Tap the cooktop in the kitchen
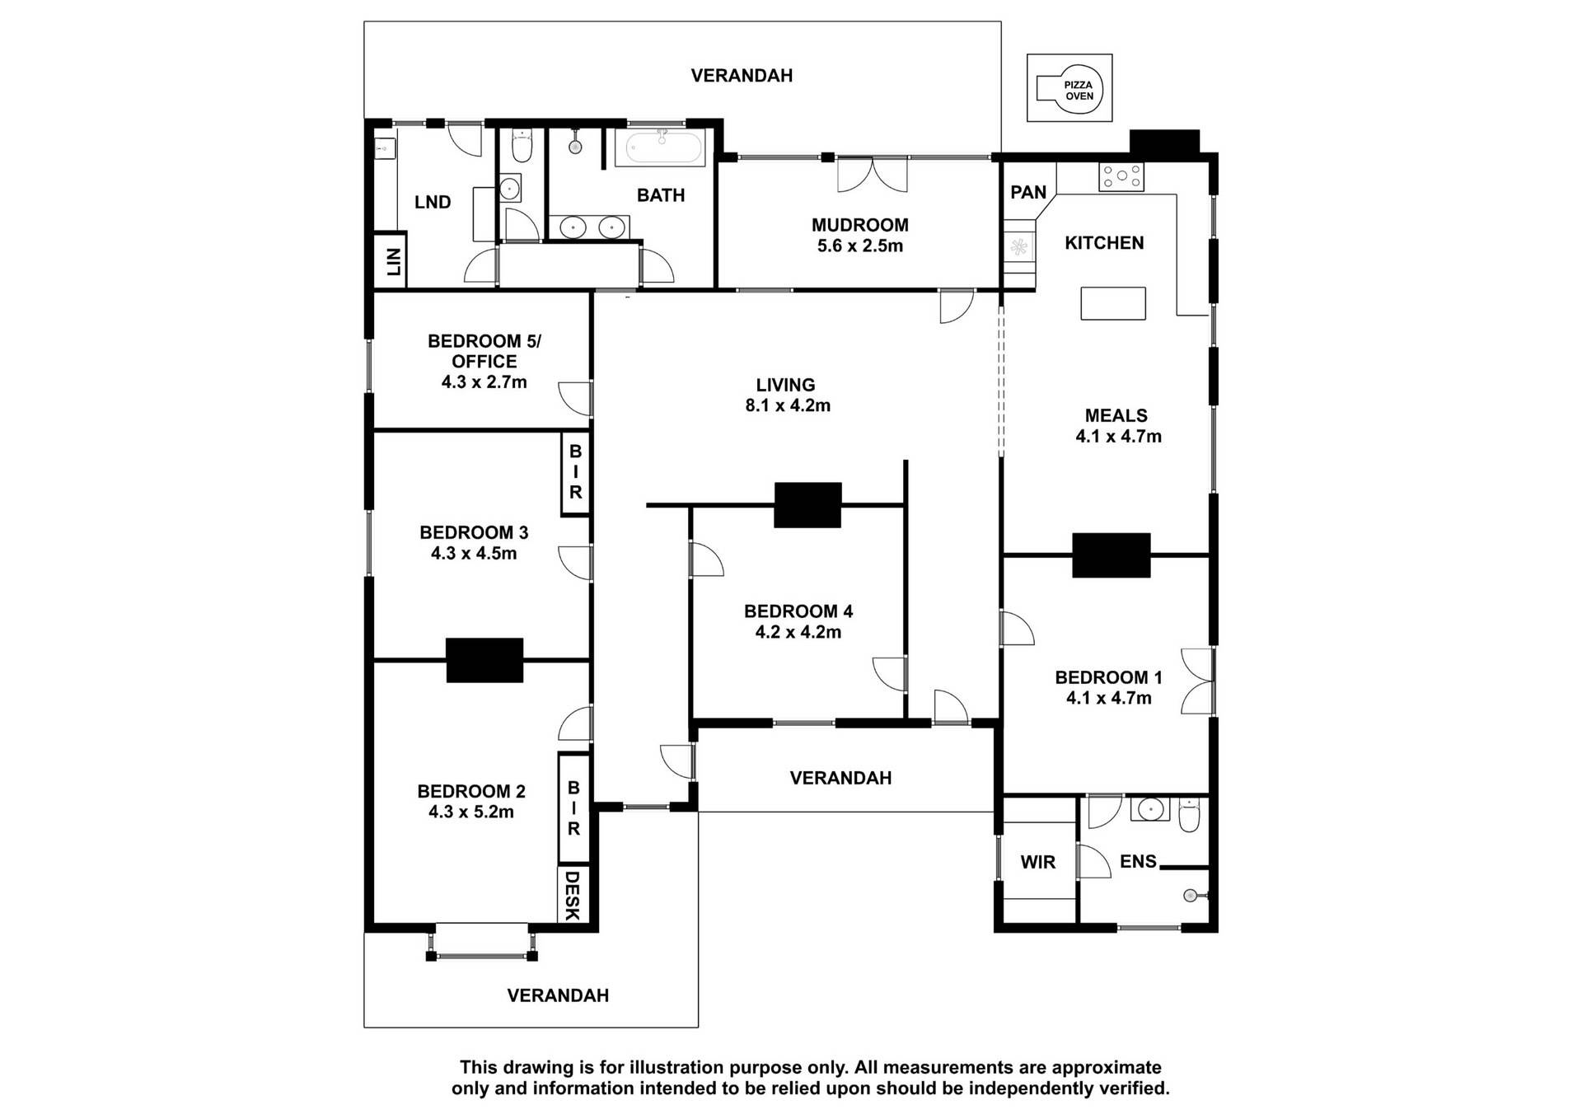[1121, 177]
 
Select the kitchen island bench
[1113, 302]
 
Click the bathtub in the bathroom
[664, 147]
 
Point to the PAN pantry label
[1028, 192]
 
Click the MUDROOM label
[859, 224]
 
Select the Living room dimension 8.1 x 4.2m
[788, 405]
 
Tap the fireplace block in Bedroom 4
[807, 504]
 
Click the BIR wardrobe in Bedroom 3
[576, 473]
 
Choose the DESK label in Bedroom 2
[573, 894]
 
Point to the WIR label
[1037, 862]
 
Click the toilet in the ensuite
[1190, 814]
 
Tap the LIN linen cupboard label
[393, 261]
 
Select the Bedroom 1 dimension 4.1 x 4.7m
[1109, 698]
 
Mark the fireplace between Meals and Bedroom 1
[1111, 555]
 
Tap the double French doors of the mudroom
[872, 175]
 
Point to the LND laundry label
[433, 202]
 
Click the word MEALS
[1116, 415]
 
